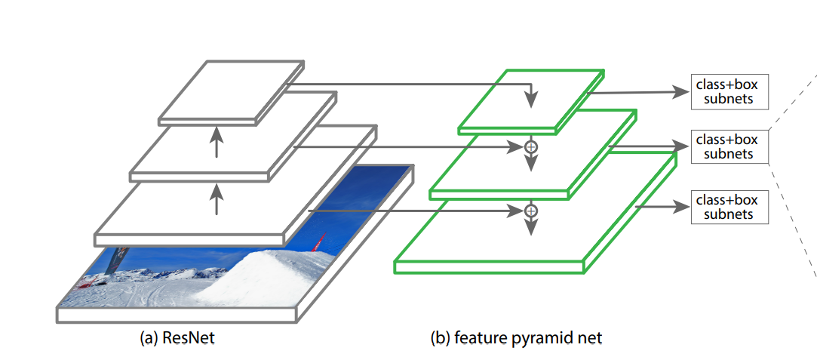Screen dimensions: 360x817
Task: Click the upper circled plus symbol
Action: [x=530, y=147]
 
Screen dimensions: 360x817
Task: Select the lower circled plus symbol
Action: [x=530, y=211]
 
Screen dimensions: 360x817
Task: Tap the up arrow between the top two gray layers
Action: [x=217, y=143]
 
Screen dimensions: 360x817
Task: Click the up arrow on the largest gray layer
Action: [x=217, y=201]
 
